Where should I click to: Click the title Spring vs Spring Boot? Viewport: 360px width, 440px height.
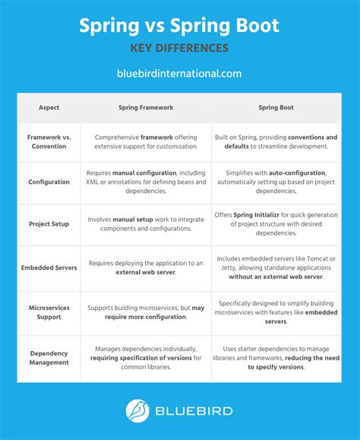tap(179, 26)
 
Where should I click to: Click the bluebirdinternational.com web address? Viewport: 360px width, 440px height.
tap(179, 74)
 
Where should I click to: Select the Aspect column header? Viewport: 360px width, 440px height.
tap(49, 108)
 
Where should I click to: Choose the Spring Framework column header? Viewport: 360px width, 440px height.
tap(146, 108)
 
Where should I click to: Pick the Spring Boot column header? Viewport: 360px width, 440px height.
tap(276, 108)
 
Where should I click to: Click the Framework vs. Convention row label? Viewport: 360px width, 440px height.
tap(49, 141)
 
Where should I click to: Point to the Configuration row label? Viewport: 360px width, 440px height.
tap(49, 182)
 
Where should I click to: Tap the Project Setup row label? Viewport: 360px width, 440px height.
tap(49, 224)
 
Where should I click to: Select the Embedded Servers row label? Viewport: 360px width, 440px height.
tap(49, 267)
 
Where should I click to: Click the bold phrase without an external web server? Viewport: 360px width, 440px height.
tap(276, 277)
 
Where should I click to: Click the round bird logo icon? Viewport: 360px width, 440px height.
tap(137, 412)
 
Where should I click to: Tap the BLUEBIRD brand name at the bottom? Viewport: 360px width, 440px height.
tap(195, 412)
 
